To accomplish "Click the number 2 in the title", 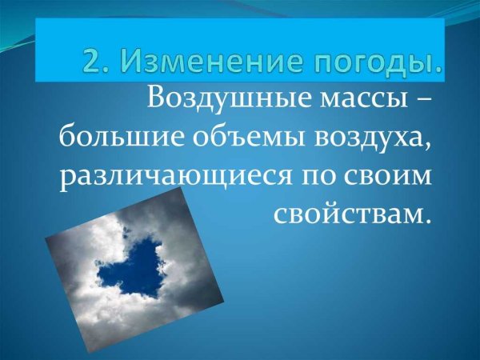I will pos(94,62).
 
